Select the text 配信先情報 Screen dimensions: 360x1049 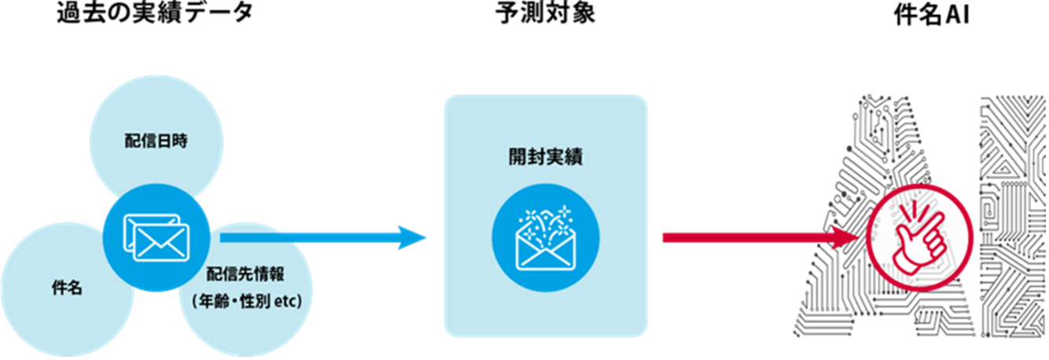point(245,275)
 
